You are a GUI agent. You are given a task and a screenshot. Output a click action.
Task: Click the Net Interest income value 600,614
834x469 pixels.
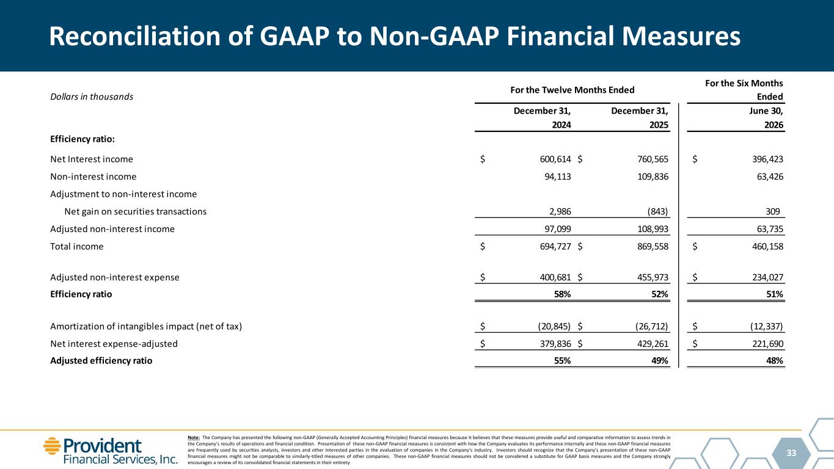click(x=555, y=159)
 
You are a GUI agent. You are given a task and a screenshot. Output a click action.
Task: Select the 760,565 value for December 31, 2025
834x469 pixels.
click(x=653, y=159)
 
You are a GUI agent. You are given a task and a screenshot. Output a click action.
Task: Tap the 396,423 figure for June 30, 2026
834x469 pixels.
click(x=768, y=159)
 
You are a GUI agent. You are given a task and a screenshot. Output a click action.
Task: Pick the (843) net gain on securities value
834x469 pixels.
click(x=657, y=212)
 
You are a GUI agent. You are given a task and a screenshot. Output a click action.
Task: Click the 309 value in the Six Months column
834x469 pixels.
click(x=772, y=212)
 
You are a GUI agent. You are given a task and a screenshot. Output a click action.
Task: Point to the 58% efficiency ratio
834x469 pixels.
click(x=562, y=294)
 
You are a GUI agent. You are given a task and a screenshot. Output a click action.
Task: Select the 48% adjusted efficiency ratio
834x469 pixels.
click(x=775, y=361)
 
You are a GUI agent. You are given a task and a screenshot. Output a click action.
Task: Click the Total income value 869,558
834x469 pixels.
click(x=653, y=247)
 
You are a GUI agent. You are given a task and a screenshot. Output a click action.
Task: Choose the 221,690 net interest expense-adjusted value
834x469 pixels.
click(x=768, y=344)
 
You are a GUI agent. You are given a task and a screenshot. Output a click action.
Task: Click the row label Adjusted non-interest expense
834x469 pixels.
click(x=115, y=277)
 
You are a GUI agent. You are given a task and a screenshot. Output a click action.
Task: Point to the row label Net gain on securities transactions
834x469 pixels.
click(x=136, y=212)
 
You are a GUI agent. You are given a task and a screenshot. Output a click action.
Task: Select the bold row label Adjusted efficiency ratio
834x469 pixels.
click(x=101, y=361)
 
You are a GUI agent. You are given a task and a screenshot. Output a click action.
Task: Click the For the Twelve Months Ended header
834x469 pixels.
click(x=572, y=90)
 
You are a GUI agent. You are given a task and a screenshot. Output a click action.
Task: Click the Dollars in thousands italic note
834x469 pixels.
click(x=92, y=96)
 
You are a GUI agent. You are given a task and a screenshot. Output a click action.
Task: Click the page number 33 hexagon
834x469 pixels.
click(x=791, y=453)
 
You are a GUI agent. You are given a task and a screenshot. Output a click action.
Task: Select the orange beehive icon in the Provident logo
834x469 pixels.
click(x=52, y=446)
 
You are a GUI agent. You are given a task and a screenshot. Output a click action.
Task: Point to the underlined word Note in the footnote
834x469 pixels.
click(x=194, y=438)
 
